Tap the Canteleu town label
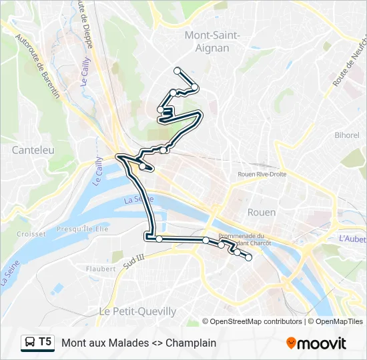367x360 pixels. point(33,151)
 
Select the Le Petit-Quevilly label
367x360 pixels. point(137,311)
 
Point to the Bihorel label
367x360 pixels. point(347,135)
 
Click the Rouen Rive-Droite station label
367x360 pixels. point(262,174)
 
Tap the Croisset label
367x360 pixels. point(31,234)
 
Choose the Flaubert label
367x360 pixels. point(101,269)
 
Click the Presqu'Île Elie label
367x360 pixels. point(82,228)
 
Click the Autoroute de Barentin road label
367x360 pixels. point(37,67)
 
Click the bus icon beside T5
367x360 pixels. point(30,343)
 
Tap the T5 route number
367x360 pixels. point(45,343)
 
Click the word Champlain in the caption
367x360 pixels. point(191,343)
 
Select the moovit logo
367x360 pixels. point(316,343)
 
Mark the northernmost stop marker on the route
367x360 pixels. point(177,70)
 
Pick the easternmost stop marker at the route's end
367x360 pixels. point(249,258)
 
